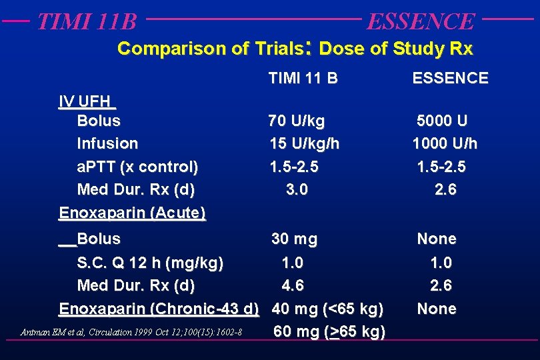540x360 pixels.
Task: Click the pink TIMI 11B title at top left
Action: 87,21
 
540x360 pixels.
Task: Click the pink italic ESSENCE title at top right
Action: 421,21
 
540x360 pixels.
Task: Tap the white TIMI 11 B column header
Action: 303,78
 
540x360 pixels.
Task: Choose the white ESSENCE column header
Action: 450,78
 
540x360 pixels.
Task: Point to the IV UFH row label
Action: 87,102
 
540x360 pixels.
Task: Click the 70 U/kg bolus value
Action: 297,121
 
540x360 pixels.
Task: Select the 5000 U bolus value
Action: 442,121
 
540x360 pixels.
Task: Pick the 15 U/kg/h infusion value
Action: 304,144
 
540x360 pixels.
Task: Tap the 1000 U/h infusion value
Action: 445,144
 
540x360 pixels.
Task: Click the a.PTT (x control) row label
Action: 137,167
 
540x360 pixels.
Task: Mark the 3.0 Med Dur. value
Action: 297,189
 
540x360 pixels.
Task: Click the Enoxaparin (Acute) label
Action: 132,213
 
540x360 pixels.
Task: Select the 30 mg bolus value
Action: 294,239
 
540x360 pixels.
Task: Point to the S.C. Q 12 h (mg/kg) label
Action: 150,263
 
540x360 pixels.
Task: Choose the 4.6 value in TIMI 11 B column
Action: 293,286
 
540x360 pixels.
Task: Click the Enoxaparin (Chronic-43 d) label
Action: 159,309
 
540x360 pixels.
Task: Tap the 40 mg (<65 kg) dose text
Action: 328,309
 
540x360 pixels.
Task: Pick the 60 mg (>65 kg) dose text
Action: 329,331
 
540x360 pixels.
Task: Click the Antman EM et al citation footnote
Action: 131,332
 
